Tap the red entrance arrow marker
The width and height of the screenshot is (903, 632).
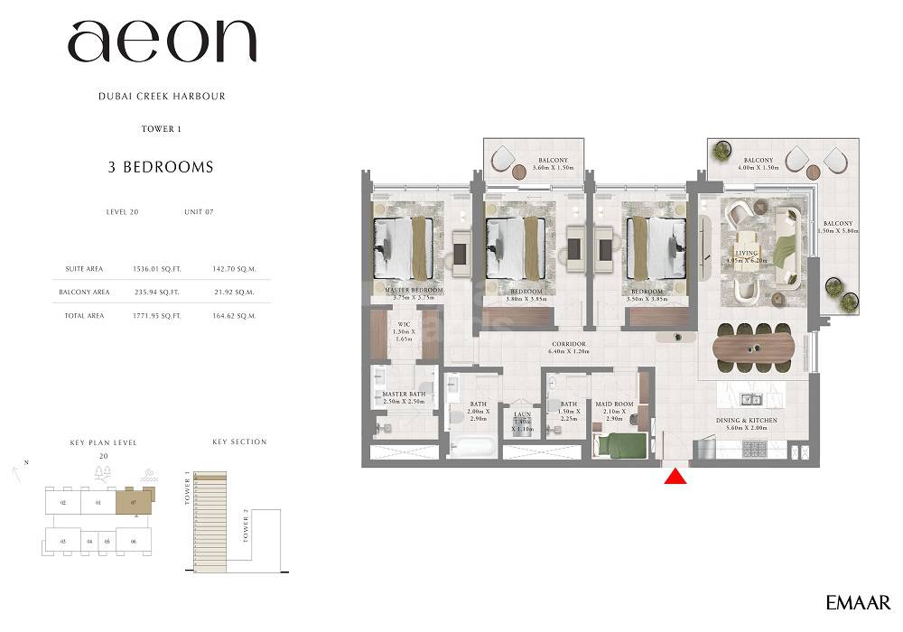(675, 476)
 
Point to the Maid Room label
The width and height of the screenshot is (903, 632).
(614, 412)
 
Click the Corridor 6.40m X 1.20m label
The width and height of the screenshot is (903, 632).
(570, 348)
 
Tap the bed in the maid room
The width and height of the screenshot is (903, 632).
(621, 445)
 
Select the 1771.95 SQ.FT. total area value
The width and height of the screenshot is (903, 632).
(156, 316)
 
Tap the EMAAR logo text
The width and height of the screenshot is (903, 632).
(858, 602)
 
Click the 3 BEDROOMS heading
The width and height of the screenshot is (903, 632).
(162, 167)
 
